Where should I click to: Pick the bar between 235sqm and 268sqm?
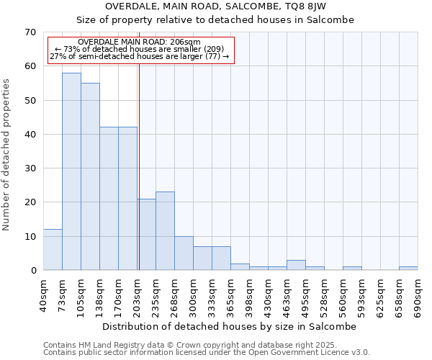(165, 231)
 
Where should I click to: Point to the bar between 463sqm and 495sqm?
(296, 265)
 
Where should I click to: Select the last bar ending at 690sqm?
(408, 269)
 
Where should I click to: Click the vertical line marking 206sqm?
(139, 166)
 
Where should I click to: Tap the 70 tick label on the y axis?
(30, 32)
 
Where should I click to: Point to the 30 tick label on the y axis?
(30, 168)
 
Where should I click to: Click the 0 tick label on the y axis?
(32, 271)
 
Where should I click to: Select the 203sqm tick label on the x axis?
(137, 295)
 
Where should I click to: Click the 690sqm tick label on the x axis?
(418, 295)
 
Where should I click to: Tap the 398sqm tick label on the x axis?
(249, 295)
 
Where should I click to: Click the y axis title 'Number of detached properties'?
(7, 155)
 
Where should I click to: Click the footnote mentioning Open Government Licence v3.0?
(207, 353)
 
